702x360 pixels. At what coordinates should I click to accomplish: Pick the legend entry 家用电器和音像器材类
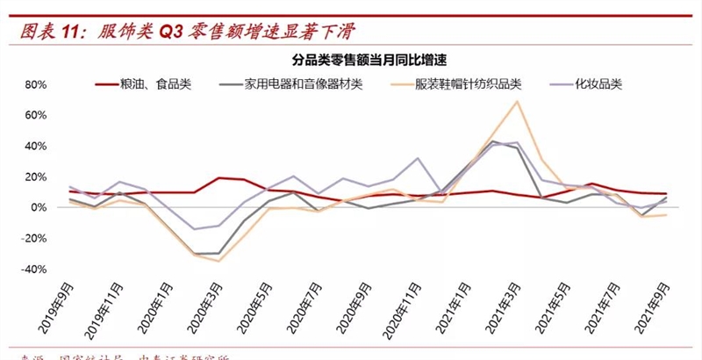click(x=303, y=84)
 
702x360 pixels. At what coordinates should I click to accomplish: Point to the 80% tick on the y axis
click(x=34, y=85)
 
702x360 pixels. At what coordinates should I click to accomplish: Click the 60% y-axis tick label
click(x=34, y=116)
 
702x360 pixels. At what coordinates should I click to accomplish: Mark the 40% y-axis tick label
click(x=34, y=147)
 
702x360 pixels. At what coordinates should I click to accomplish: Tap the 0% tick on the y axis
click(x=38, y=208)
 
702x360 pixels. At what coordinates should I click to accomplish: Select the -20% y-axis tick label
click(x=32, y=239)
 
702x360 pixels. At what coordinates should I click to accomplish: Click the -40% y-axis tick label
click(x=32, y=270)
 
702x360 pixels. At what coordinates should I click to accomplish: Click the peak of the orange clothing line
click(x=518, y=101)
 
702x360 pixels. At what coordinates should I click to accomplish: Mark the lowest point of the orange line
click(x=218, y=261)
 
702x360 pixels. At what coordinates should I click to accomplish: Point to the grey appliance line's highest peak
click(x=493, y=141)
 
